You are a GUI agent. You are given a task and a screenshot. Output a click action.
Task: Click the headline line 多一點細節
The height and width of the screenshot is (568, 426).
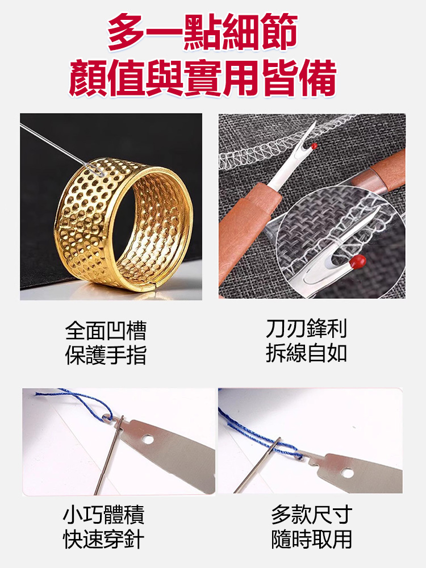pyautogui.click(x=203, y=32)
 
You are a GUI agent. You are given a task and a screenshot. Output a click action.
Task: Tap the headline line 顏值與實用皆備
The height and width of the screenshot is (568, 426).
pyautogui.click(x=203, y=78)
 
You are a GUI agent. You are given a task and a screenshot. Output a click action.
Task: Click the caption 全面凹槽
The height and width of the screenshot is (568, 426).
pyautogui.click(x=106, y=330)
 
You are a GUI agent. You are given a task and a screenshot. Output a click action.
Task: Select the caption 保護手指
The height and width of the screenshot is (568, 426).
pyautogui.click(x=106, y=355)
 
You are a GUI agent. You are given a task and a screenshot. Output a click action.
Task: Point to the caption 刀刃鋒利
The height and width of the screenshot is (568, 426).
pyautogui.click(x=307, y=328)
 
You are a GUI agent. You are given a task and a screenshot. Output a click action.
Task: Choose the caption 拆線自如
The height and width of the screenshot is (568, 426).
pyautogui.click(x=307, y=353)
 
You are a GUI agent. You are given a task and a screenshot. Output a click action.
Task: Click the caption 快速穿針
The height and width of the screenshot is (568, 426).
pyautogui.click(x=103, y=540)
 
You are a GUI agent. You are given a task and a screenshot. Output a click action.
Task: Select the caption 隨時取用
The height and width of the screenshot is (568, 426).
pyautogui.click(x=311, y=540)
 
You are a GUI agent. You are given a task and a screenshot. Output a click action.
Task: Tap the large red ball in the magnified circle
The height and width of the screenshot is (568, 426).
pyautogui.click(x=358, y=261)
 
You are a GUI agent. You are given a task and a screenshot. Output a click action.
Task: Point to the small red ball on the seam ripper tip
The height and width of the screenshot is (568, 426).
pyautogui.click(x=314, y=146)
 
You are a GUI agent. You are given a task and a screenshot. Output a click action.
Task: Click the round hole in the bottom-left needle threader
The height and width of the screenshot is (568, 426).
pyautogui.click(x=148, y=440)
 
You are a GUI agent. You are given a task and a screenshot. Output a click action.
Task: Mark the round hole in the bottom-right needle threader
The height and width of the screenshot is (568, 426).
pyautogui.click(x=348, y=473)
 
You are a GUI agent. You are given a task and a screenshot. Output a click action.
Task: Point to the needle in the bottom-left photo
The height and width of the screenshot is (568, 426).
pyautogui.click(x=108, y=455)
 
